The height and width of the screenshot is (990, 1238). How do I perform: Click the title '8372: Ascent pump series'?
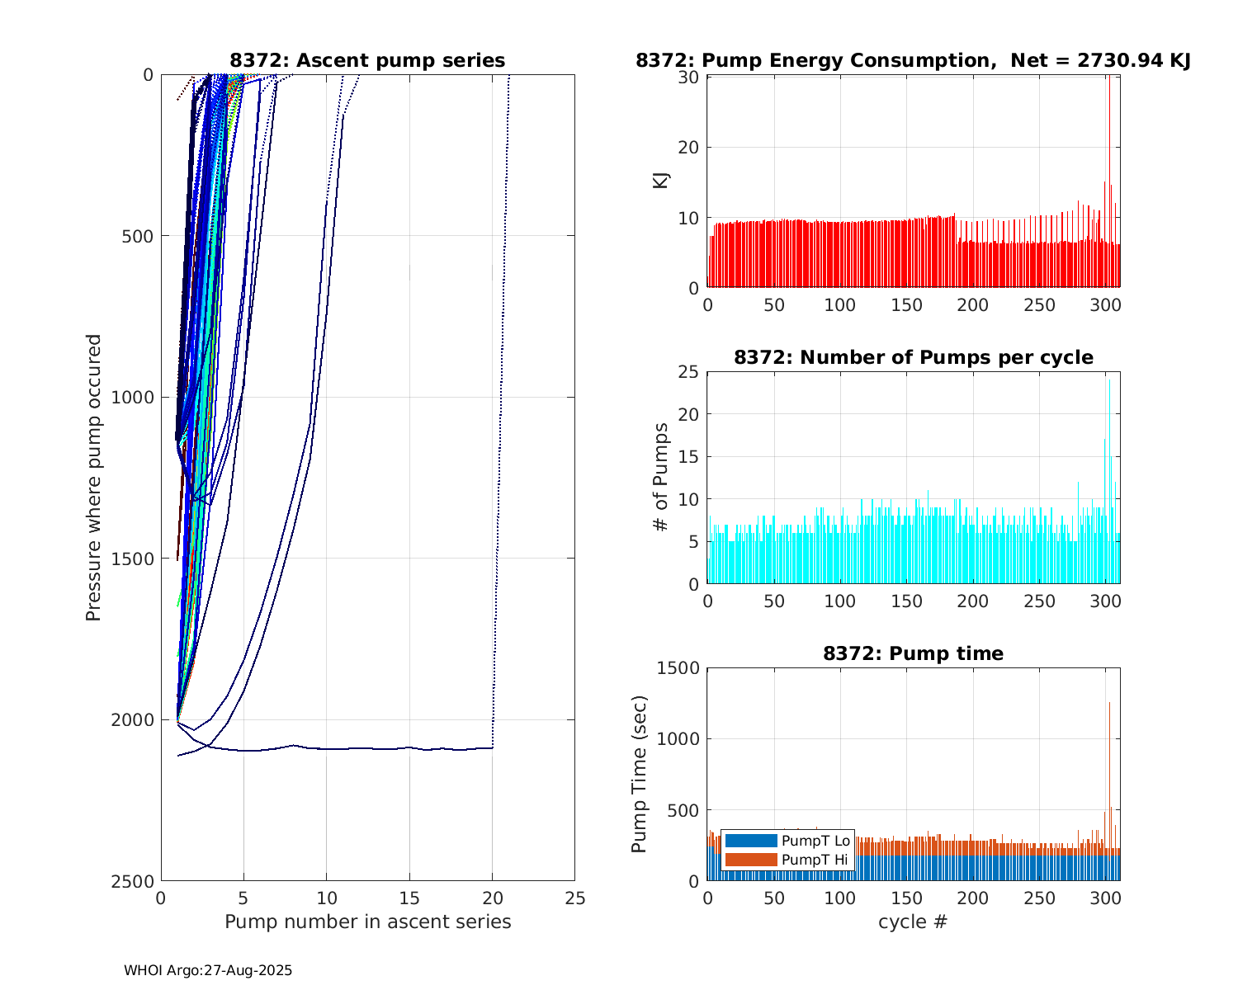[367, 60]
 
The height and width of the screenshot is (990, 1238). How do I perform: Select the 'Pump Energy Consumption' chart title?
[913, 60]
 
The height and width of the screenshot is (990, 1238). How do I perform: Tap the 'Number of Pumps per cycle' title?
[913, 357]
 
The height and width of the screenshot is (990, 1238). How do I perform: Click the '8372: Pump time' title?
[913, 653]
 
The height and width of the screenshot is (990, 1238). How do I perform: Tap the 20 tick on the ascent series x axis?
[492, 898]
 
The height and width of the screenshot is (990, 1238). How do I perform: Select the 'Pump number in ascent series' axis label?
[367, 922]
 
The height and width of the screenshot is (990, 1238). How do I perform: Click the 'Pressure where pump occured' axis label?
[93, 478]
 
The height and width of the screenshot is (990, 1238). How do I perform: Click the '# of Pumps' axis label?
[660, 478]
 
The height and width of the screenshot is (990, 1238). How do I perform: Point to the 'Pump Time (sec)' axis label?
[639, 774]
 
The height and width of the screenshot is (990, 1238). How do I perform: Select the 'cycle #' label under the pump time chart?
[913, 922]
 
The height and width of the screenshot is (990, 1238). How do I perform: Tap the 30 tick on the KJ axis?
[691, 78]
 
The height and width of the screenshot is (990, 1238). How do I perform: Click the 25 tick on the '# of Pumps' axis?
[691, 372]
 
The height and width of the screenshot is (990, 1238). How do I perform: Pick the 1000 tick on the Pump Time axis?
[678, 739]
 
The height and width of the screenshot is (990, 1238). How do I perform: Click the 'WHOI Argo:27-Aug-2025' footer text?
[208, 971]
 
